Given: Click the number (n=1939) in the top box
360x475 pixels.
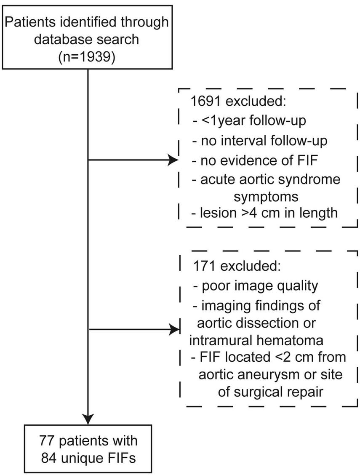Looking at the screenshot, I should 87,56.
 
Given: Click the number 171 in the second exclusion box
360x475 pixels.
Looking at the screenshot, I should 205,267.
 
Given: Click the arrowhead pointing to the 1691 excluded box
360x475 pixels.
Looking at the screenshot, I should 173,160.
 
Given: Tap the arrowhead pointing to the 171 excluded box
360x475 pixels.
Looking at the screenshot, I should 173,330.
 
